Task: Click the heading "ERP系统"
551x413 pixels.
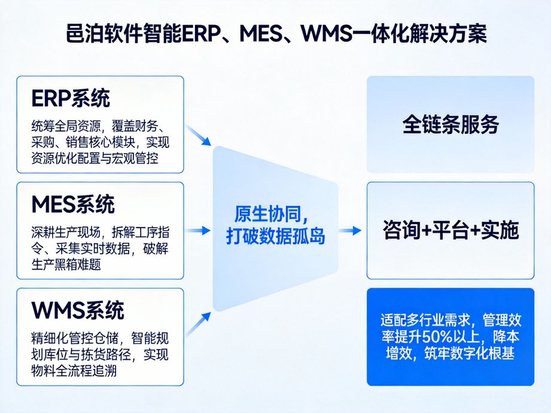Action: pyautogui.click(x=70, y=99)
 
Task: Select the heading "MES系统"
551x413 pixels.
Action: pyautogui.click(x=72, y=205)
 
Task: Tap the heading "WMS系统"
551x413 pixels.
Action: pyautogui.click(x=78, y=311)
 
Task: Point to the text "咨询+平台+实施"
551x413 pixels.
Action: pyautogui.click(x=450, y=230)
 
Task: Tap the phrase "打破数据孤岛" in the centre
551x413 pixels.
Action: pyautogui.click(x=275, y=236)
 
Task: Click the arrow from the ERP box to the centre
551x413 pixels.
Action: pyautogui.click(x=199, y=135)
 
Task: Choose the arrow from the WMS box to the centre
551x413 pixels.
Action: pyautogui.click(x=199, y=323)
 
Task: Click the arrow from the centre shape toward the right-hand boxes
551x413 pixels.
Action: pyautogui.click(x=351, y=230)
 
